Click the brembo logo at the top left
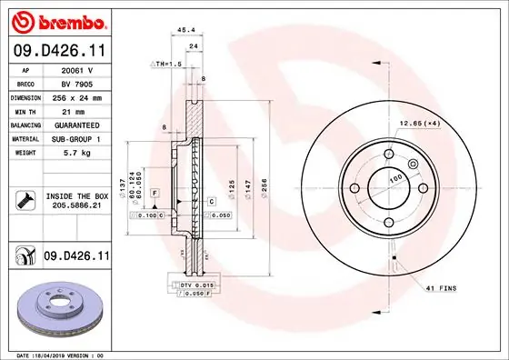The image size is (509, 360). pos(57,19)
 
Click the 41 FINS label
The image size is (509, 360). pos(441,288)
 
